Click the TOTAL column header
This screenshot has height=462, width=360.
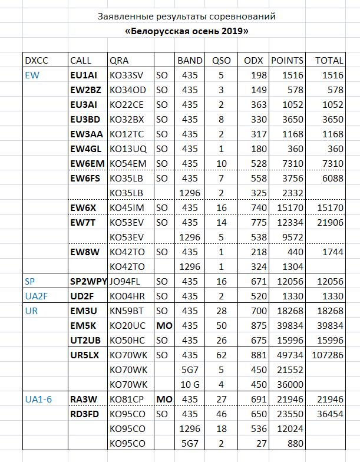click(329, 60)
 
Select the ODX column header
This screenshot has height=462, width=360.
click(253, 60)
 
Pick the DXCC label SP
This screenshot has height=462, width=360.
click(30, 281)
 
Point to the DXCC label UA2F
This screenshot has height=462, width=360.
click(35, 296)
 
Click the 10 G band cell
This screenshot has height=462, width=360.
click(190, 384)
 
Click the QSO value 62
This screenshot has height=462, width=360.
click(219, 355)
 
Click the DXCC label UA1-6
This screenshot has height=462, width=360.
click(38, 399)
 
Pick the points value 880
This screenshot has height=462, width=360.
click(295, 443)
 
